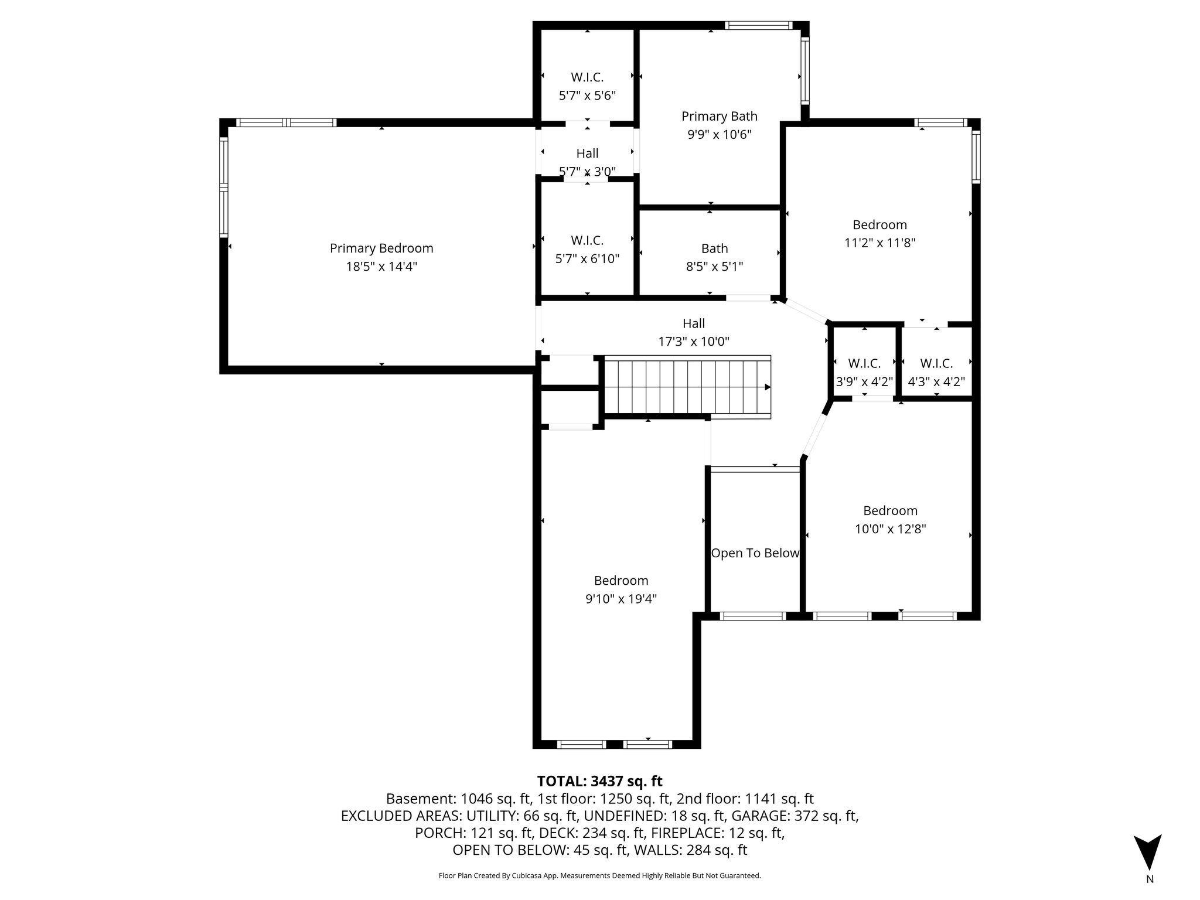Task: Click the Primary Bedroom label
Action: tap(381, 248)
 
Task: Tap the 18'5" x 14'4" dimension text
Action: tap(381, 267)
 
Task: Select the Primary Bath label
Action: tap(720, 117)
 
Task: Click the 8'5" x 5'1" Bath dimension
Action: tap(715, 267)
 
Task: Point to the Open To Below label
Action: tap(755, 553)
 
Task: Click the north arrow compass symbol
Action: tap(1148, 853)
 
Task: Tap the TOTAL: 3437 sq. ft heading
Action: tap(600, 781)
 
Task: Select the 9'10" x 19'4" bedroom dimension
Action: tap(621, 599)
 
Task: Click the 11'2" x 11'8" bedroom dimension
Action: tap(880, 243)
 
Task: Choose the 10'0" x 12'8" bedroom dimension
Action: tap(891, 529)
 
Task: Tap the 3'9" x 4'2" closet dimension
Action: tap(864, 382)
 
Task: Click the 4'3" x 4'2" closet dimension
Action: tap(936, 382)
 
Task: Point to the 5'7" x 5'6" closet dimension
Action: tap(588, 96)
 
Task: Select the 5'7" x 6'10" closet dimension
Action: tap(588, 258)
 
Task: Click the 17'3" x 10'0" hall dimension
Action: tap(694, 342)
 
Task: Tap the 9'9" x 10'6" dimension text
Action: tap(720, 135)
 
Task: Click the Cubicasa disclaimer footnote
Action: tap(600, 876)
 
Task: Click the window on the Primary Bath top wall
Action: tap(759, 25)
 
